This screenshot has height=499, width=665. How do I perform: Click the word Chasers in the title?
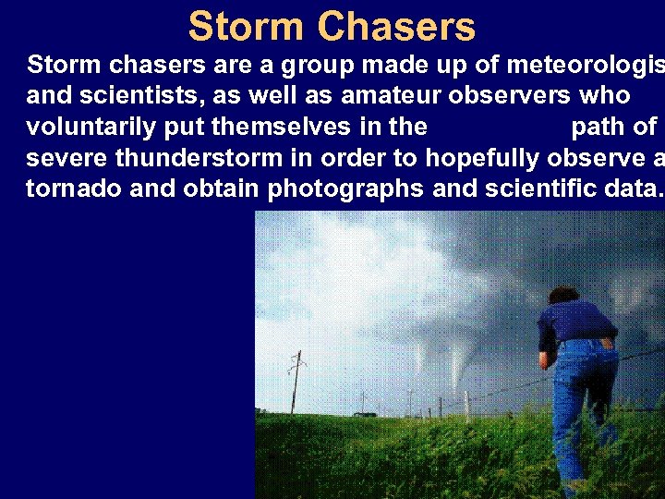(x=396, y=27)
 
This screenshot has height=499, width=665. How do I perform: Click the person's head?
(x=562, y=296)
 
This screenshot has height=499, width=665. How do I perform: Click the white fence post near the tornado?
(x=467, y=405)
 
